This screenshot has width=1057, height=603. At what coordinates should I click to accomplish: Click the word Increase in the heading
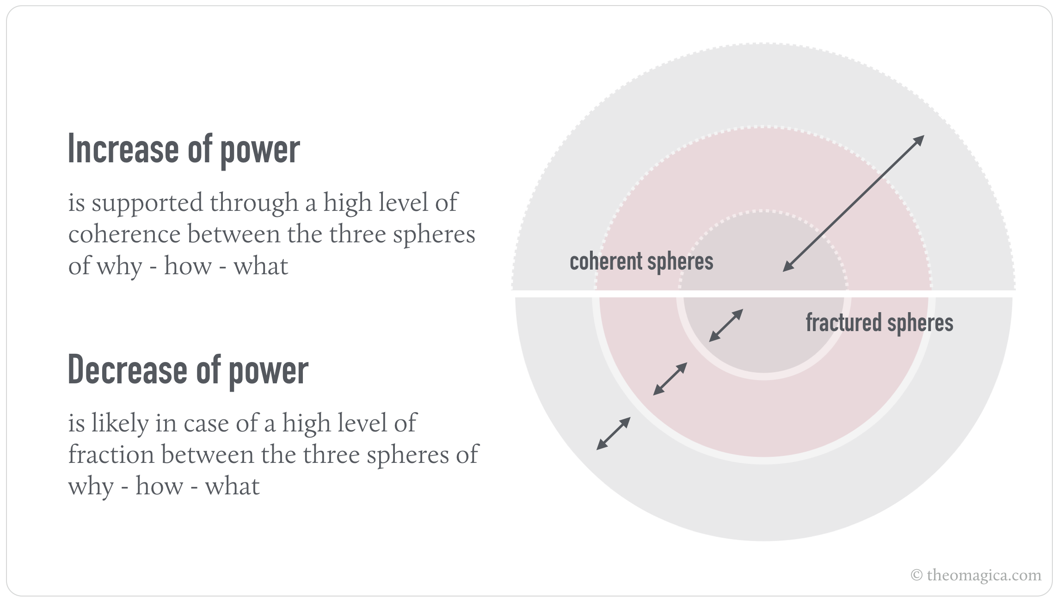123,149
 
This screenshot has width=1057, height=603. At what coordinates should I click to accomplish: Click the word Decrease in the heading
127,370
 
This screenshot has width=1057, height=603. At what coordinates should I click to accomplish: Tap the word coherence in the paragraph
124,234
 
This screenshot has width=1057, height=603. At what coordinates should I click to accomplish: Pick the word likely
120,424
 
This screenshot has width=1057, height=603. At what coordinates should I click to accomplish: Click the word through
254,203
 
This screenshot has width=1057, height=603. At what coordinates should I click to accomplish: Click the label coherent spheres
641,262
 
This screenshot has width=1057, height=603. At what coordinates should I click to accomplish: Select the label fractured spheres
879,323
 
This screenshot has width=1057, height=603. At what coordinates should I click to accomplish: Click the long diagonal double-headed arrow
853,203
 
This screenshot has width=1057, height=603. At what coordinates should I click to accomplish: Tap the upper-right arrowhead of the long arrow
920,139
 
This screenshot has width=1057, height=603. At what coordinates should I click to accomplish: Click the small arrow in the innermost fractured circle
726,326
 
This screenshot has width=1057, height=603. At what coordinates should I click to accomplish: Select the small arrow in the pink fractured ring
670,379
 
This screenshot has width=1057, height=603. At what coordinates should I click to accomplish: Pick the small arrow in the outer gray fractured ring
614,433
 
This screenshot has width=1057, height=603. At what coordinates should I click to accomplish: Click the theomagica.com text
984,575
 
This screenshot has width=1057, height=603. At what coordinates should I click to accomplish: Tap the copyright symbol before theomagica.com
916,575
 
